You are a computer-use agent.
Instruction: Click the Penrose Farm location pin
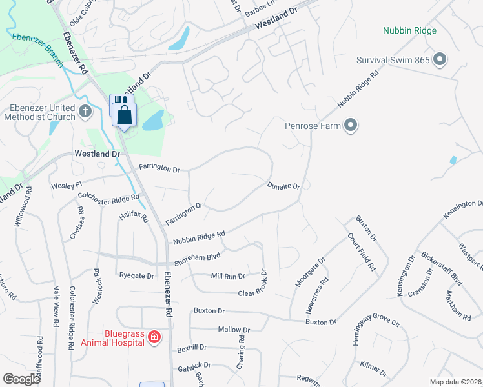click(351, 125)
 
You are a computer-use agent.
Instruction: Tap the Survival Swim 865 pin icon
click(440, 61)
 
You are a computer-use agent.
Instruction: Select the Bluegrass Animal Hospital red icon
click(154, 337)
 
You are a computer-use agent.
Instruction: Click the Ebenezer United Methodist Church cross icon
click(85, 112)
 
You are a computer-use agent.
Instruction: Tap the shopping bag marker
click(125, 115)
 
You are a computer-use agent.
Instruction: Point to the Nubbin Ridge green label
click(409, 30)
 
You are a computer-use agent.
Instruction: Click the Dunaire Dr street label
click(283, 186)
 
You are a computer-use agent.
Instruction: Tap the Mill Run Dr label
click(228, 276)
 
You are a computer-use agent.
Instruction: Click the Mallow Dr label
click(233, 330)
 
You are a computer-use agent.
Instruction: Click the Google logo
click(22, 379)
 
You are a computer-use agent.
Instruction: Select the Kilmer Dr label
click(373, 370)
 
